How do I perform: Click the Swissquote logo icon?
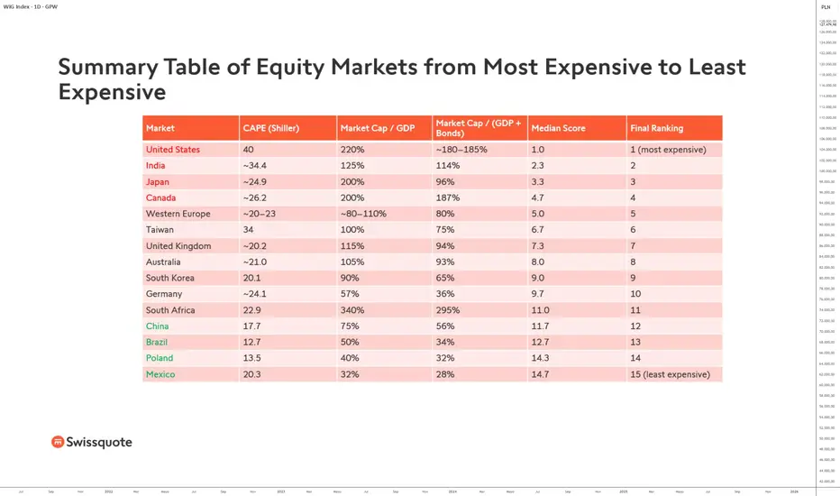coord(58,442)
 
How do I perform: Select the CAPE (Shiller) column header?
coord(270,128)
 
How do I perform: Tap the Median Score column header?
coord(558,128)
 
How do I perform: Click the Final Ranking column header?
coord(656,128)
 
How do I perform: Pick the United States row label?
coord(173,150)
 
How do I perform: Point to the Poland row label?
coord(160,358)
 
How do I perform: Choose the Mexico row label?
coord(160,374)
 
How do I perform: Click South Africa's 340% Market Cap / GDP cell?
coord(352,310)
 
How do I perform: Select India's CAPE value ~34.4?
coord(254,166)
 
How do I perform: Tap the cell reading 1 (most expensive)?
coord(668,150)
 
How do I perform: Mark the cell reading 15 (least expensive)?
coord(670,374)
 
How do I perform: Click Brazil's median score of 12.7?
coord(540,343)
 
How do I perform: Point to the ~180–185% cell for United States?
coord(462,150)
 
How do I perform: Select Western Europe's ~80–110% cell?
coord(363,214)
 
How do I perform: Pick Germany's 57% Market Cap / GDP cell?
coord(350,294)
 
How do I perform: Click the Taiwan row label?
coord(160,230)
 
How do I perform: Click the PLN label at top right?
coord(826,6)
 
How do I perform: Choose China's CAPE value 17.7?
coord(251,326)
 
